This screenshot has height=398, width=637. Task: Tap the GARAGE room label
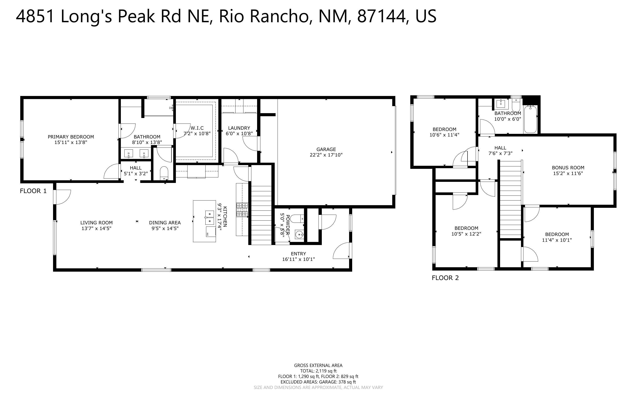point(326,149)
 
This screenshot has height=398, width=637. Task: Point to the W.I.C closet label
point(197,128)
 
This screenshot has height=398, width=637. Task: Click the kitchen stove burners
point(242,210)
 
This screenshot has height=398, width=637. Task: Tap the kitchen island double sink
point(210,218)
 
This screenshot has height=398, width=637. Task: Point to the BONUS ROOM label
point(568,168)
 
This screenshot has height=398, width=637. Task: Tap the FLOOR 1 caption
point(33,191)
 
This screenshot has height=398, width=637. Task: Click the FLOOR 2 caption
point(445,278)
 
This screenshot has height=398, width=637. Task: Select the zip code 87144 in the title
point(381,16)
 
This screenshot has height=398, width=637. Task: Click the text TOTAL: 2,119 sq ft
point(318,371)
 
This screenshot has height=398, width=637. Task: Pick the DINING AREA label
point(165,223)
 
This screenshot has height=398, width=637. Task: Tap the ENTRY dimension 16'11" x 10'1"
point(298,259)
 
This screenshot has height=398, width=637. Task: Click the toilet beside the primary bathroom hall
point(164,172)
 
